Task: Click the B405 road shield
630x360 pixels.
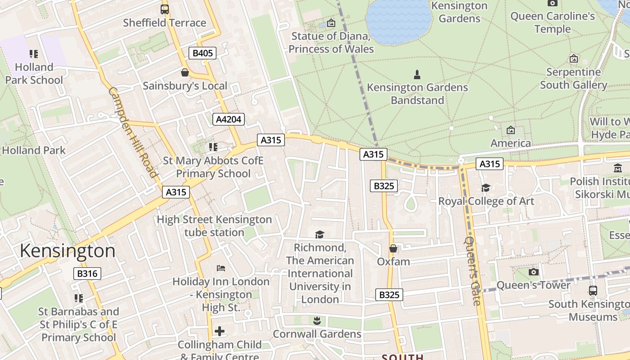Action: pyautogui.click(x=202, y=54)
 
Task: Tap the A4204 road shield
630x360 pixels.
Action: pyautogui.click(x=229, y=119)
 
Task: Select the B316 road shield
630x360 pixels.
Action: pyautogui.click(x=87, y=274)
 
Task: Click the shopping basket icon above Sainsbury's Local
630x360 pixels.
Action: pyautogui.click(x=184, y=72)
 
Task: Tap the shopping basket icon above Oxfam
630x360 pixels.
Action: pyautogui.click(x=393, y=248)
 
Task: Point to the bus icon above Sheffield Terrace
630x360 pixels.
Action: pyautogui.click(x=165, y=9)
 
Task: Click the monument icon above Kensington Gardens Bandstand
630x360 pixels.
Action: pyautogui.click(x=417, y=74)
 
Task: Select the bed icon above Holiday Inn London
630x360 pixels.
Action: pyautogui.click(x=220, y=268)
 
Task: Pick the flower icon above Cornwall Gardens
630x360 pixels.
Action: pyautogui.click(x=317, y=320)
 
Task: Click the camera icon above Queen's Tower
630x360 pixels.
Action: pyautogui.click(x=533, y=272)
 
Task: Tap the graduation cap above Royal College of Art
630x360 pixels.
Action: pyautogui.click(x=486, y=188)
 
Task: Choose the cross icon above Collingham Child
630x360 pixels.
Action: pyautogui.click(x=219, y=332)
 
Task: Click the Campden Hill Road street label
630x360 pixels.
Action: pyautogui.click(x=133, y=132)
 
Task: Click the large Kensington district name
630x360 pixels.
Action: pyautogui.click(x=67, y=251)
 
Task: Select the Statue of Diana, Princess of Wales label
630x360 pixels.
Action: pyautogui.click(x=331, y=42)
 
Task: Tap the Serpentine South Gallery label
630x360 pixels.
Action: pyautogui.click(x=573, y=78)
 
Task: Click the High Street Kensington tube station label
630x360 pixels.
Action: pyautogui.click(x=214, y=226)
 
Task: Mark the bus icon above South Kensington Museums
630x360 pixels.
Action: pyautogui.click(x=593, y=291)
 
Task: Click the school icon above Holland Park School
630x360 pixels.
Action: pyautogui.click(x=34, y=54)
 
